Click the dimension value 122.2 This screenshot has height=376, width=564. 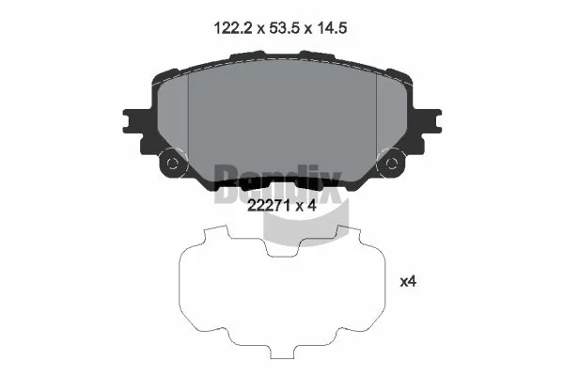229,29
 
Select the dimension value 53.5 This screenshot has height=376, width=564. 279,29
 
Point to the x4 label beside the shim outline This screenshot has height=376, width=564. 408,281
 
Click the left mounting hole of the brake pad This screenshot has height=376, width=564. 173,164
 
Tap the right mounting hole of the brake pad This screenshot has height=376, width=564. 390,164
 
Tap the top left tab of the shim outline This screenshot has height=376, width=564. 218,235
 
